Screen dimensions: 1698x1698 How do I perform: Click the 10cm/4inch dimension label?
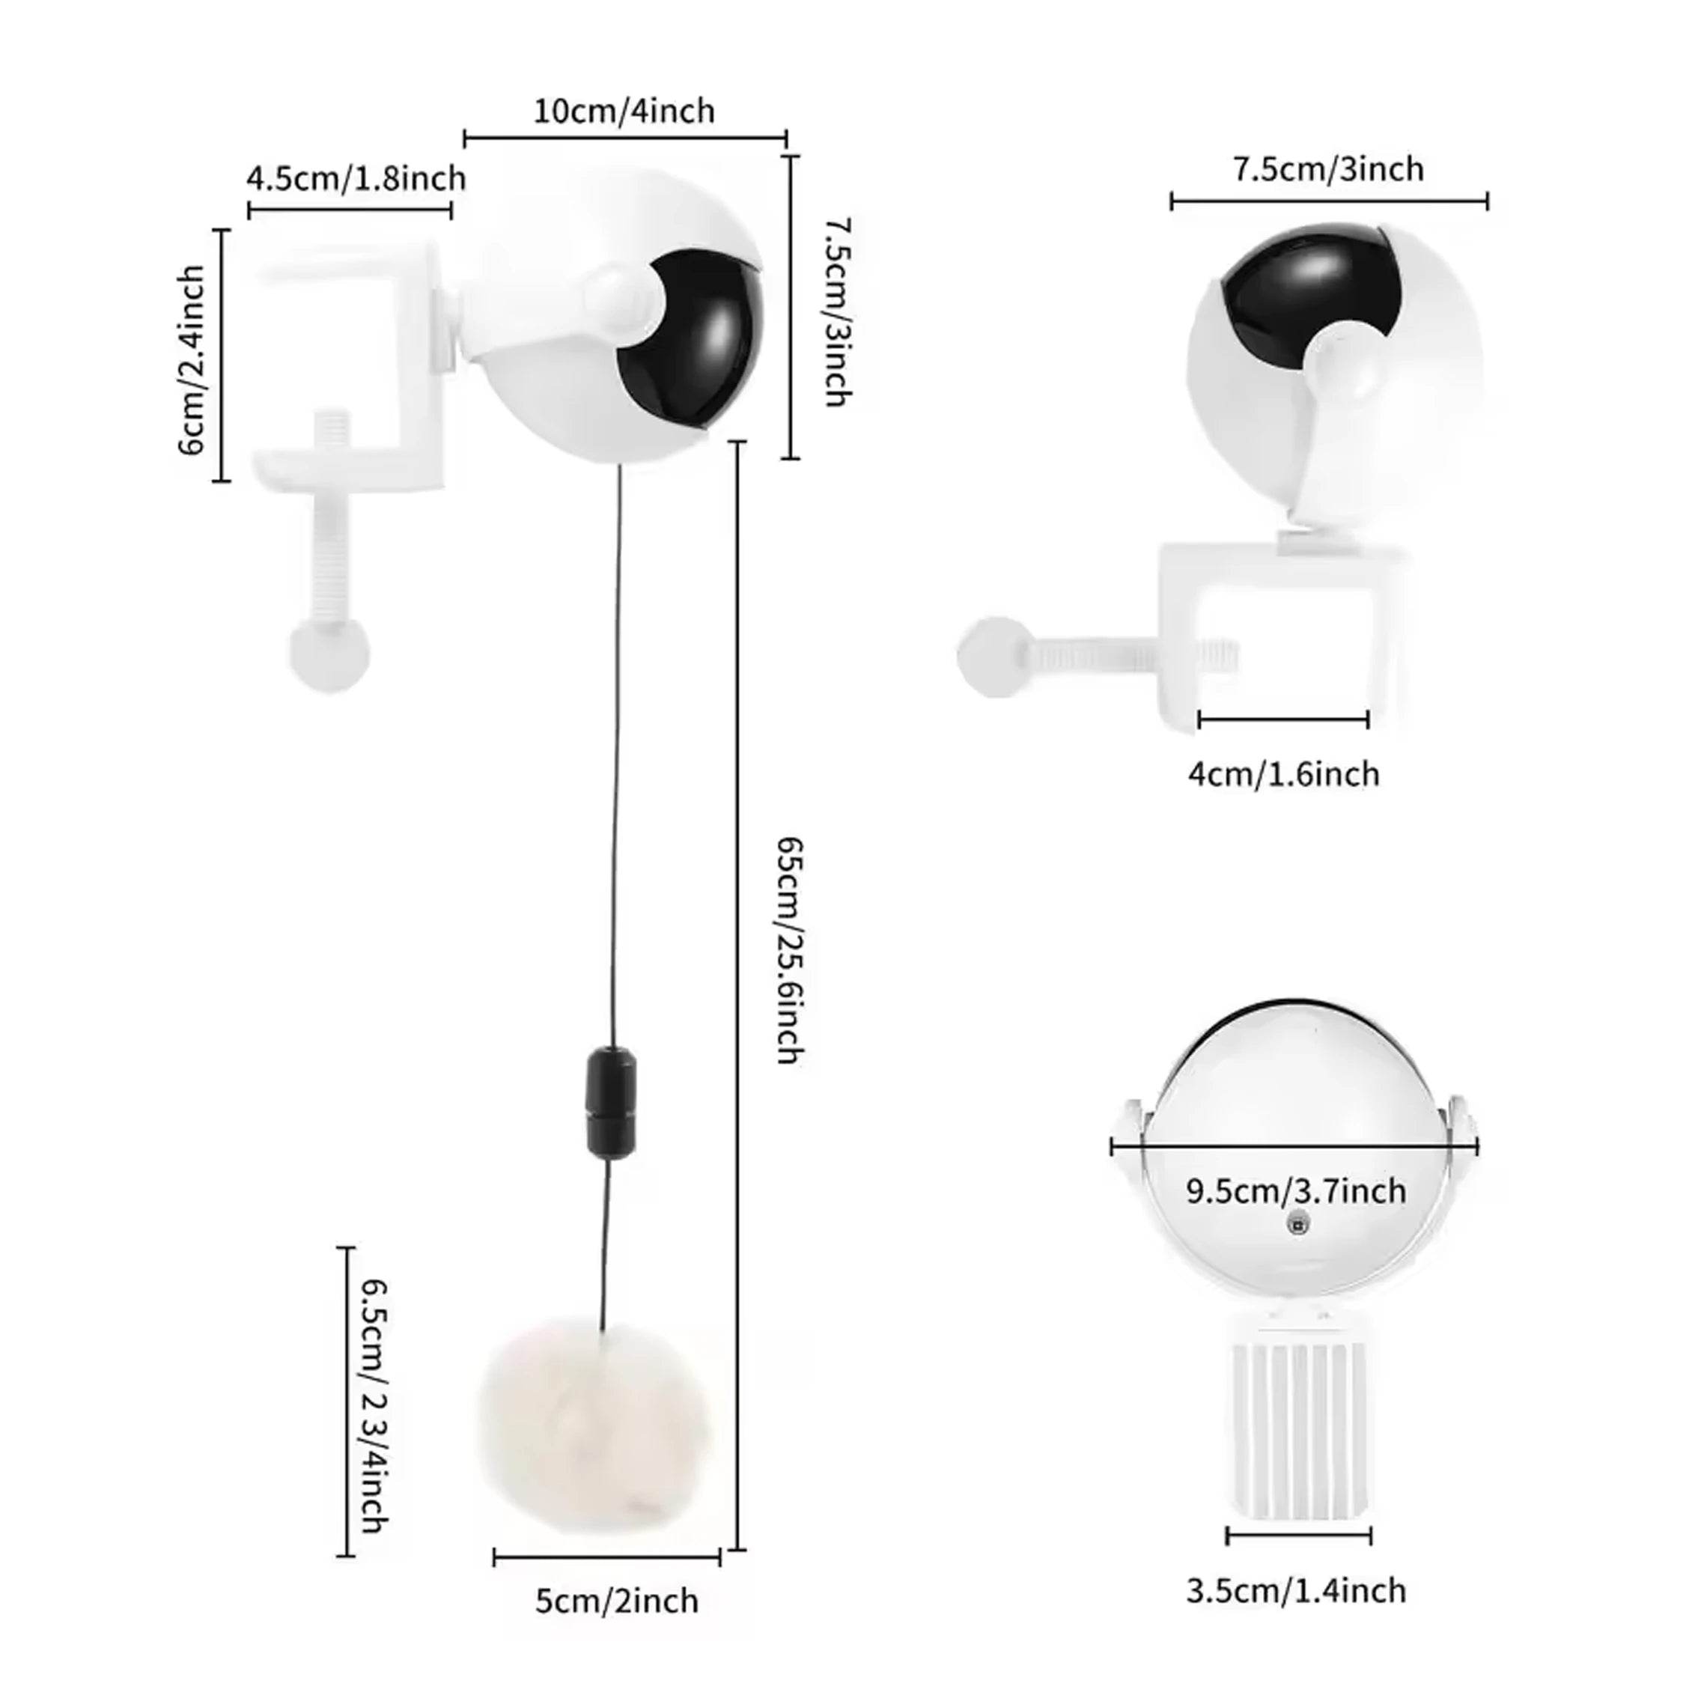pos(624,112)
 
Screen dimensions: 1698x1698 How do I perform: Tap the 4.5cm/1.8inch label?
pos(356,178)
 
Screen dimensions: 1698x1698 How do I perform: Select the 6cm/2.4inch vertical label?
pos(192,360)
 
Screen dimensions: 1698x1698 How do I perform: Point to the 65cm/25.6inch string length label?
pos(789,950)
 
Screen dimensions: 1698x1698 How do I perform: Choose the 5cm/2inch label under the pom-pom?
pos(617,1601)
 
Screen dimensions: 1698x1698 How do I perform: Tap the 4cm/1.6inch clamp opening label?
pos(1284,774)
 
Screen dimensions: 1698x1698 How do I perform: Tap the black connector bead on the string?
pos(611,1101)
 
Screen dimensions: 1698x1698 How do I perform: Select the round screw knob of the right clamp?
pos(994,657)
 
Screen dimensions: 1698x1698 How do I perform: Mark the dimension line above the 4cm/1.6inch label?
pos(1283,719)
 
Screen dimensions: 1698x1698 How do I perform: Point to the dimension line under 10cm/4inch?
pos(625,138)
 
